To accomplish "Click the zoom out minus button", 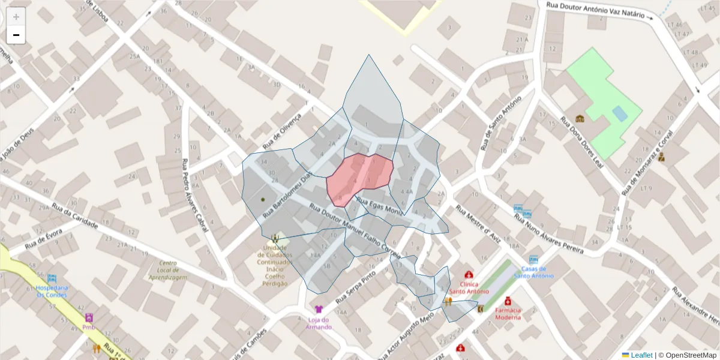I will pos(16,35).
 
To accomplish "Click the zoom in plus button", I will pos(16,17).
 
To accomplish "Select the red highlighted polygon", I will pos(360,178).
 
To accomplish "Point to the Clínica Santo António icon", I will pos(469,275).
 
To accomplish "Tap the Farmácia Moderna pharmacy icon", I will pos(508,300).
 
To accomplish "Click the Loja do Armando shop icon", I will pos(319,310).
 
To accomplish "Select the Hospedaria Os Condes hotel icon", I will pos(52,278).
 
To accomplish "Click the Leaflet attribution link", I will pos(641,355).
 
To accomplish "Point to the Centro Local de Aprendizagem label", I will pos(168,271).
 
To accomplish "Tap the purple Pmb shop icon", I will pos(89,318).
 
